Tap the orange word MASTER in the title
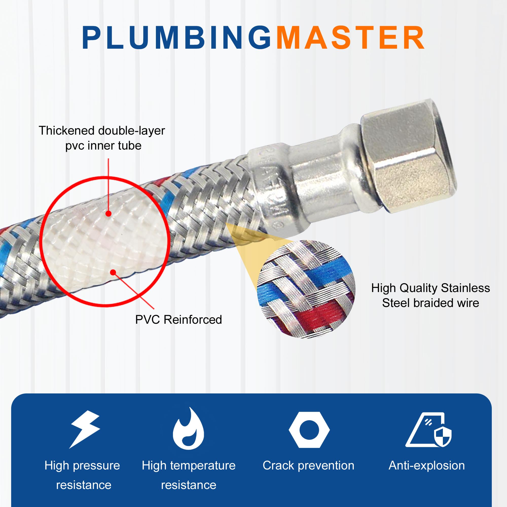[350, 38]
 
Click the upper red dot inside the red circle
[108, 214]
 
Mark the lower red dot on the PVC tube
[113, 273]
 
